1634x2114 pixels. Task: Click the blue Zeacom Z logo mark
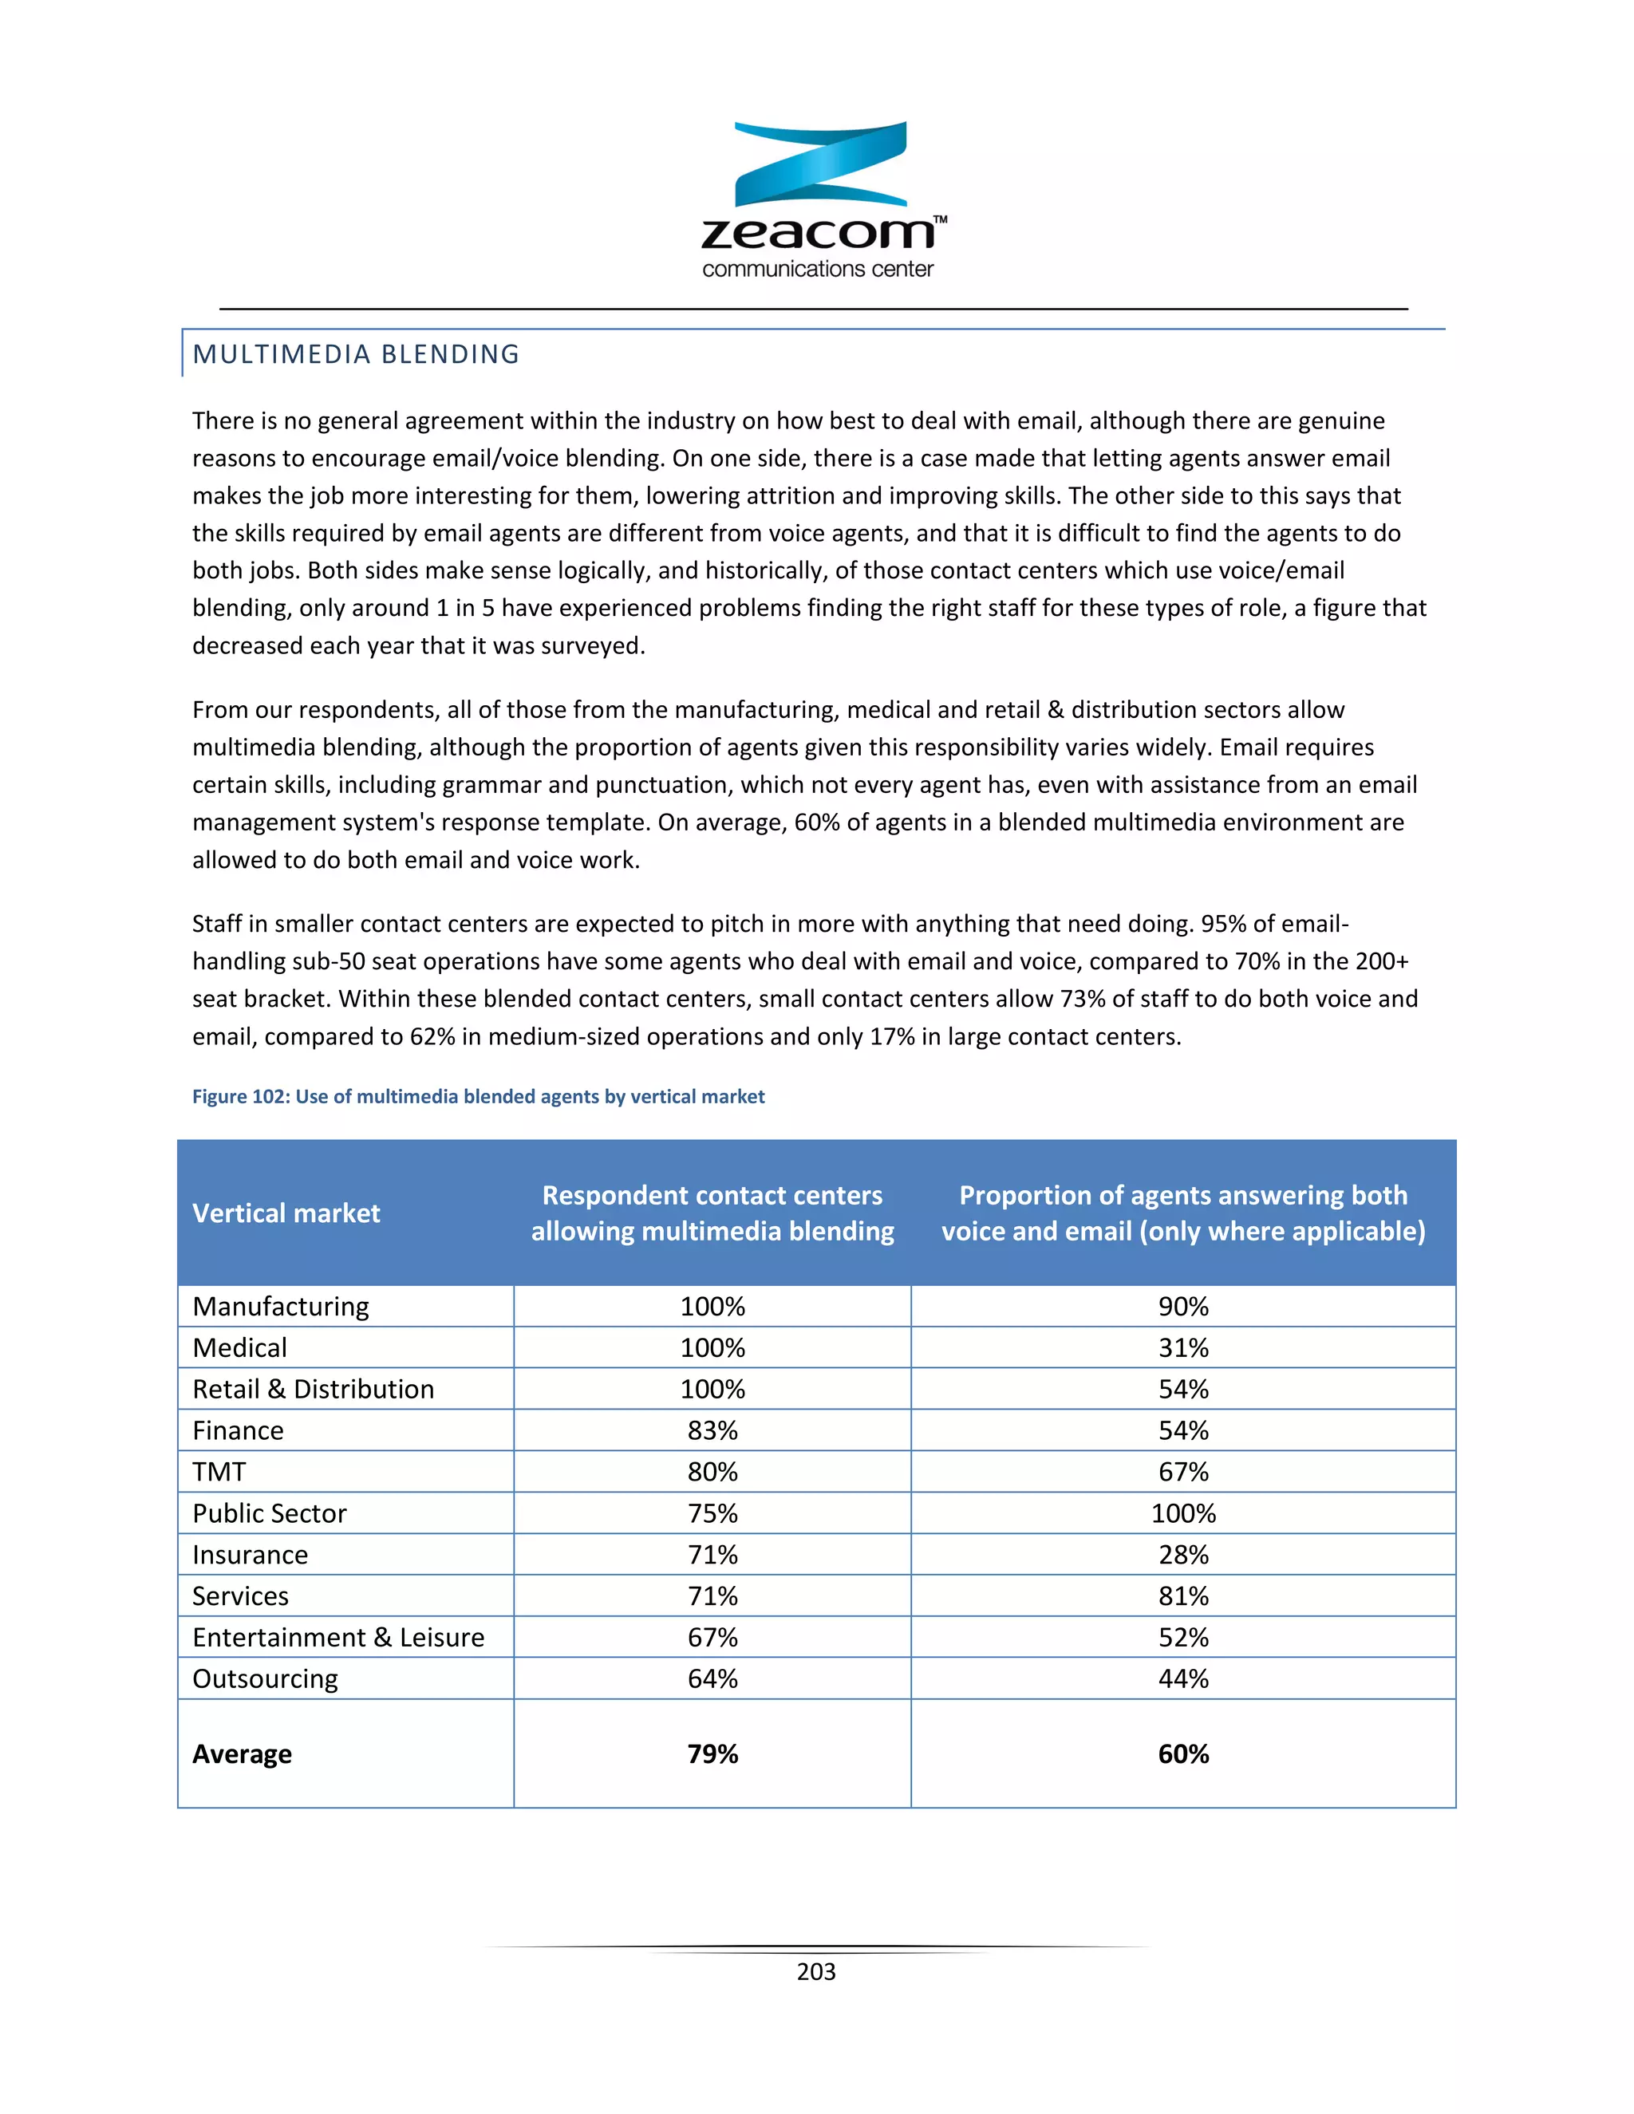tap(820, 164)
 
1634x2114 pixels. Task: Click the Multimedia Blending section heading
tap(355, 354)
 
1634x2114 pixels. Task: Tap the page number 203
tap(816, 1972)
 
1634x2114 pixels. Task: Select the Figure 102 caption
tap(478, 1096)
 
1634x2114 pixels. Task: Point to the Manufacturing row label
tap(281, 1306)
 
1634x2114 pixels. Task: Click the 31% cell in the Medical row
tap(1183, 1347)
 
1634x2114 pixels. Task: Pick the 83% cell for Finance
tap(712, 1430)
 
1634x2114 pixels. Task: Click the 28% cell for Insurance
tap(1183, 1555)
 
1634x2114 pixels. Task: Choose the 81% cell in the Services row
tap(1183, 1595)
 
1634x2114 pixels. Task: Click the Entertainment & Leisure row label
tap(337, 1637)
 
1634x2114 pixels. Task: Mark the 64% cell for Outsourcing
tap(712, 1678)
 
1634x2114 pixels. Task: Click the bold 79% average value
tap(712, 1754)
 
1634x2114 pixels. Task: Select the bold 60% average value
tap(1183, 1754)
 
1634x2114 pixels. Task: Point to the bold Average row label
tap(242, 1754)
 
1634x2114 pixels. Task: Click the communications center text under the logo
tap(817, 269)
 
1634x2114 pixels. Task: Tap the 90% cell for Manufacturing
tap(1183, 1306)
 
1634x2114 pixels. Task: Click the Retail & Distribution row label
tap(313, 1389)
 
